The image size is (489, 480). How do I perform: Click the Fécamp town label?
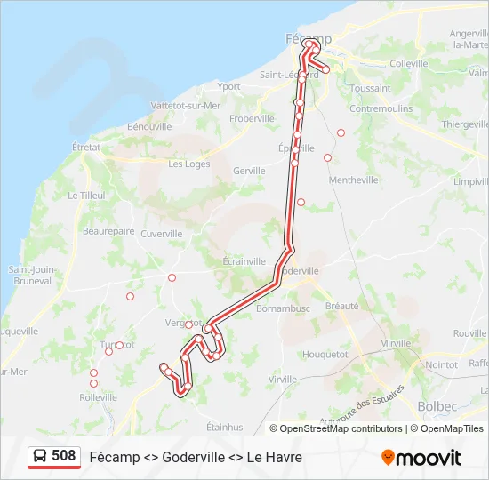(309, 39)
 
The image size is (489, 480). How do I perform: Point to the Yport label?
(229, 86)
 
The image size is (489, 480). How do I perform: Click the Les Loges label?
(188, 164)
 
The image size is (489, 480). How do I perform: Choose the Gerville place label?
(249, 170)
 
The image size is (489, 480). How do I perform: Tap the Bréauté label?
(342, 305)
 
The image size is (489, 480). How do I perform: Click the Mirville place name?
(396, 343)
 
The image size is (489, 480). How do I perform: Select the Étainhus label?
(224, 427)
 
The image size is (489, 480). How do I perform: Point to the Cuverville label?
(161, 234)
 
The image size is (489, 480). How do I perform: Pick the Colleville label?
(409, 63)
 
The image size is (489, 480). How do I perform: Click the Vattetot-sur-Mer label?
(186, 105)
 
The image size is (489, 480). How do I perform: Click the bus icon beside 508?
(40, 456)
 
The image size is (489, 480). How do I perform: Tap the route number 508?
(64, 456)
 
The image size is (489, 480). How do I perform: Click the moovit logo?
(421, 458)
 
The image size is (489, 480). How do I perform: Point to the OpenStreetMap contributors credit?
(341, 428)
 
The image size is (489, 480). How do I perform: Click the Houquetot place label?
(325, 353)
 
